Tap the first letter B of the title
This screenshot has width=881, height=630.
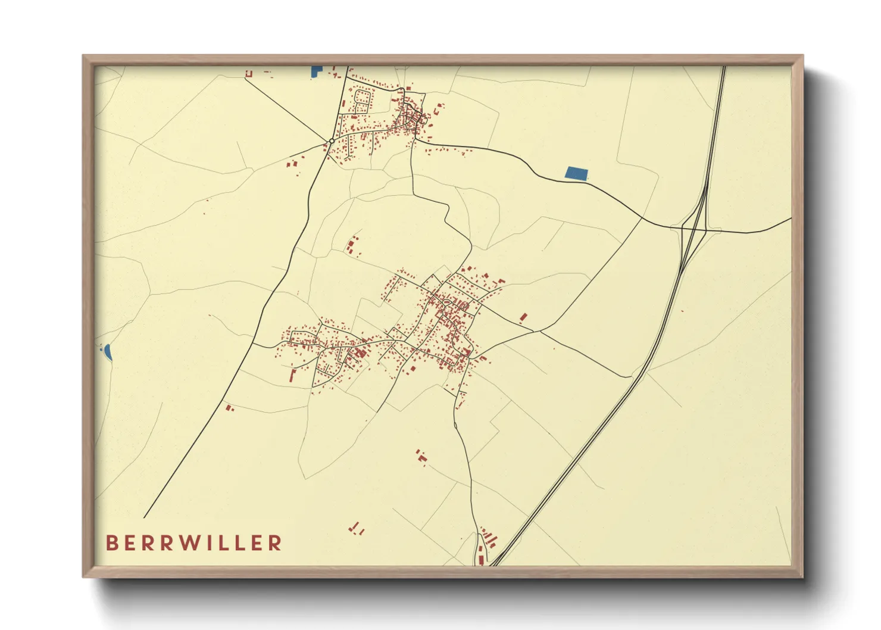(x=111, y=542)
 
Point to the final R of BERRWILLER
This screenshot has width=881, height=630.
(x=275, y=542)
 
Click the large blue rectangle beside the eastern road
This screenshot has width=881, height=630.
(x=576, y=173)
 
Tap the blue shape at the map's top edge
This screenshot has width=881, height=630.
(x=315, y=71)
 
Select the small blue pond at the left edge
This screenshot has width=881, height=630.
(x=108, y=352)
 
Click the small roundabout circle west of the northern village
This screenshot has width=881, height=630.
(x=332, y=141)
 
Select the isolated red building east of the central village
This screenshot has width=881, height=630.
(x=523, y=317)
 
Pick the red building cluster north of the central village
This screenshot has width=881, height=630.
(x=353, y=246)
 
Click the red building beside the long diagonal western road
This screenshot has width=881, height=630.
(x=229, y=408)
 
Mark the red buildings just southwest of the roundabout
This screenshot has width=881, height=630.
(x=293, y=162)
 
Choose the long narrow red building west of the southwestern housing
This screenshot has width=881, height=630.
(x=292, y=376)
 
